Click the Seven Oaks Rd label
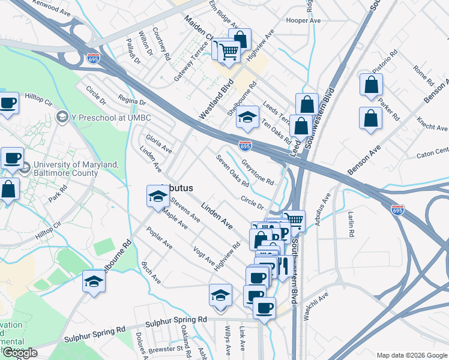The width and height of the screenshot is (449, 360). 232,170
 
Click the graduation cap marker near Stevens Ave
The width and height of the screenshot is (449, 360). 157,196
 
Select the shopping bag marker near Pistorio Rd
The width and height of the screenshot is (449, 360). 371,85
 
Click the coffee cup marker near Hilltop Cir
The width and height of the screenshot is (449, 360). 9,103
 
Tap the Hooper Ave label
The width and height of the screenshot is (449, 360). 304,20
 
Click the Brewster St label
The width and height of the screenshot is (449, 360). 167,348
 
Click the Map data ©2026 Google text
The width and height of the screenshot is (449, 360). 412,355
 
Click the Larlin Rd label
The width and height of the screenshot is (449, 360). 351,222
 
